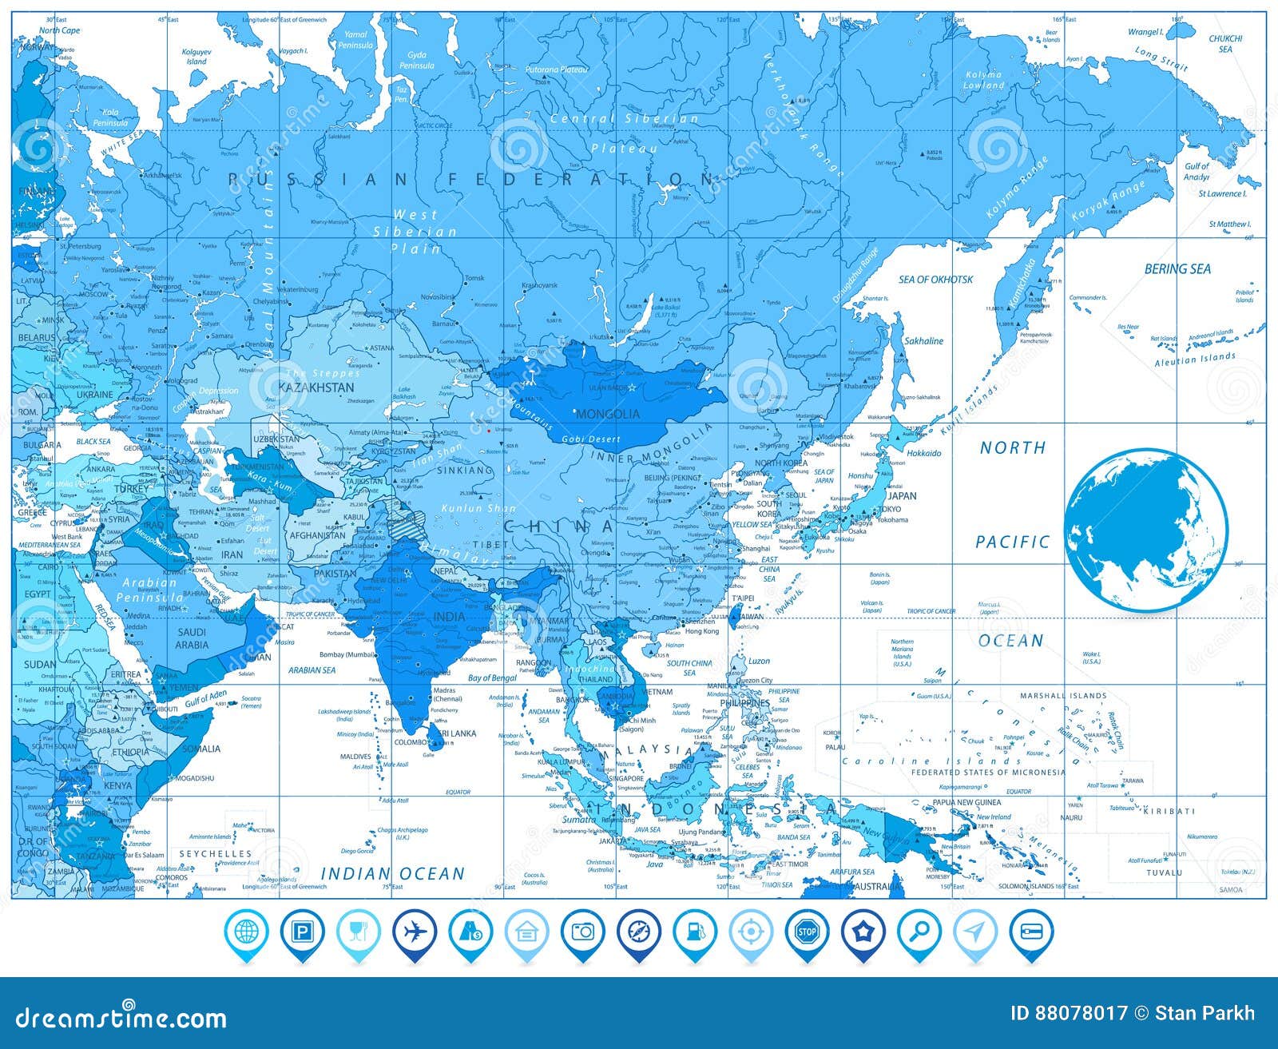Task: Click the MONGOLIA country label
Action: pos(608,414)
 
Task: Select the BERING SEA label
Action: pos(1177,269)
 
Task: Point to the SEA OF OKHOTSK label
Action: pos(935,280)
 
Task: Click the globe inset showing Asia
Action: pos(1145,530)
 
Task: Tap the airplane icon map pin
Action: pos(415,932)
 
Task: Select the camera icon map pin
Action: pos(582,932)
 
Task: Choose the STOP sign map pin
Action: pos(806,932)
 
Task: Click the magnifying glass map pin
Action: pos(918,932)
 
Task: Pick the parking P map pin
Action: pos(303,932)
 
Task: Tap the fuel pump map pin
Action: pos(694,932)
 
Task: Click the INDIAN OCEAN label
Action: pos(392,874)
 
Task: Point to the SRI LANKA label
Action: pos(458,733)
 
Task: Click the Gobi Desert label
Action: pos(591,439)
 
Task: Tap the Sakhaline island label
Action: pos(923,341)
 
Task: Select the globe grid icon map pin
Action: pos(247,932)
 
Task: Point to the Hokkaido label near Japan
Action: pos(923,453)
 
